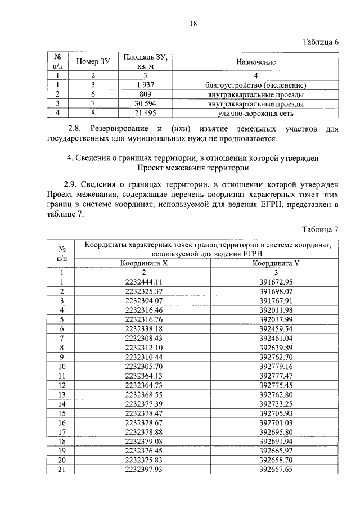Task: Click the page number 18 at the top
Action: click(x=193, y=23)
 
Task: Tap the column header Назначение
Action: click(x=256, y=61)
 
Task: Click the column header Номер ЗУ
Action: click(x=93, y=61)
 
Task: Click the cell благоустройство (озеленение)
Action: click(x=256, y=85)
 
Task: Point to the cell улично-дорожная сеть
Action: click(x=256, y=114)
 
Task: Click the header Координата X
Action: click(x=144, y=263)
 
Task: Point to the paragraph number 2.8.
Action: click(x=74, y=129)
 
